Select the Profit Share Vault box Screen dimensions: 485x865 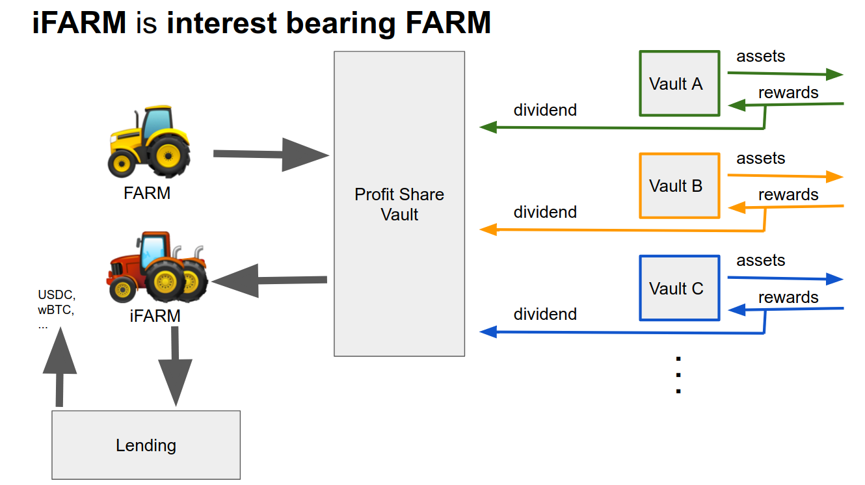click(x=399, y=203)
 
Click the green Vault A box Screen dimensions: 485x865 click(x=679, y=84)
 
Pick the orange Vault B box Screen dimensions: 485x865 click(x=679, y=186)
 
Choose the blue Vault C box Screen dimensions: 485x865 click(x=679, y=288)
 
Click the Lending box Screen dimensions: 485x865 click(x=146, y=445)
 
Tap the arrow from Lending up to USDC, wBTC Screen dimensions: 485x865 click(x=60, y=367)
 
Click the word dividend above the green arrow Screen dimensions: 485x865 click(x=545, y=110)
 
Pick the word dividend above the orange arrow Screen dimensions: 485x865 click(x=545, y=212)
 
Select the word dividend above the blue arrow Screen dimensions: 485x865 click(x=545, y=314)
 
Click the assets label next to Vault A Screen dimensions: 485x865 click(x=760, y=56)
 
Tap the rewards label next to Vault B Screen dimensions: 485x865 click(x=788, y=194)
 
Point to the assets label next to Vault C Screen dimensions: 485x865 click(x=760, y=260)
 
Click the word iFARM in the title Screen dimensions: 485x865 click(x=79, y=23)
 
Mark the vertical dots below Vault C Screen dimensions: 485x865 click(x=678, y=375)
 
